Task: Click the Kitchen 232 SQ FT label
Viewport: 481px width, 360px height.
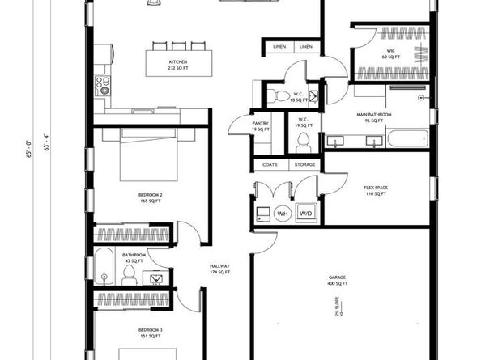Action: click(x=177, y=65)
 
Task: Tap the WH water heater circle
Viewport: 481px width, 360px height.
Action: click(x=283, y=214)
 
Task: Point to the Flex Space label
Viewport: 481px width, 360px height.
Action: click(x=375, y=191)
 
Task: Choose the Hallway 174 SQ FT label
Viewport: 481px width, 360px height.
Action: click(x=220, y=269)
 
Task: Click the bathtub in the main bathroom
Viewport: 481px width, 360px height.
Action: click(x=407, y=138)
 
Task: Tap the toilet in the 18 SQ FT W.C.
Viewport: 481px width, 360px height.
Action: click(x=281, y=96)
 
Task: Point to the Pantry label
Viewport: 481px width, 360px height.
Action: click(x=260, y=125)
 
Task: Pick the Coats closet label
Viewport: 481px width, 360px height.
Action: click(x=270, y=165)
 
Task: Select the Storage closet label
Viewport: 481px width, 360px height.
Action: click(x=304, y=165)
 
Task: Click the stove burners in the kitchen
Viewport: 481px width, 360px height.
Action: click(x=103, y=84)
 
